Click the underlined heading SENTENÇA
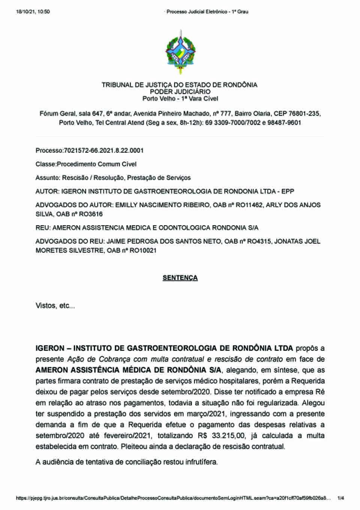(180, 278)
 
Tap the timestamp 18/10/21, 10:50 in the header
(33, 12)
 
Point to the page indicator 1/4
(341, 498)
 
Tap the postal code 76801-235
(303, 114)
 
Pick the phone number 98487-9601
(284, 123)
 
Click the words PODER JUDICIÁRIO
(180, 92)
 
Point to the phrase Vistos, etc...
(55, 306)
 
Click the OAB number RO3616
(90, 214)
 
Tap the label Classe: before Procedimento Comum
(46, 164)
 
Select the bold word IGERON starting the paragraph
(50, 349)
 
